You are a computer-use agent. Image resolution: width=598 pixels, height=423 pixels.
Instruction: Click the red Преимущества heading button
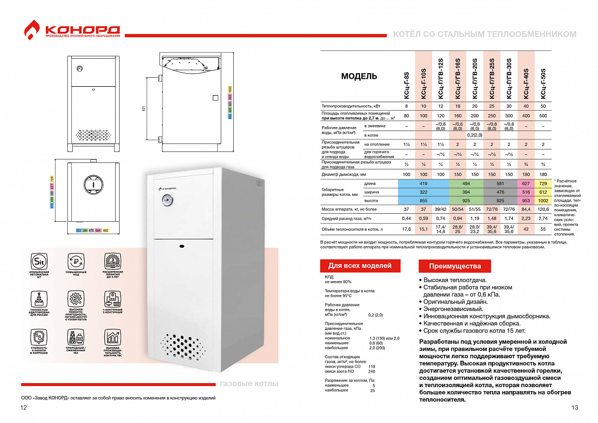(455, 266)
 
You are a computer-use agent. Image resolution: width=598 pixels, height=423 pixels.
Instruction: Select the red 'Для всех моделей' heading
(359, 266)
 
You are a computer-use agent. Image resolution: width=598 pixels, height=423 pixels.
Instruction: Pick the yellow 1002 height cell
(543, 200)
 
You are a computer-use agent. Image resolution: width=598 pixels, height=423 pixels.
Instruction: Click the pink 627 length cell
(526, 183)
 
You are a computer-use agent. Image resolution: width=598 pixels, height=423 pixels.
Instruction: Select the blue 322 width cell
(423, 192)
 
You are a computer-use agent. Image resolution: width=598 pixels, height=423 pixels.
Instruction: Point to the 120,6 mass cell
(543, 210)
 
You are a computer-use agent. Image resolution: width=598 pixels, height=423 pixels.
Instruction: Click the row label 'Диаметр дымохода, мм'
(344, 174)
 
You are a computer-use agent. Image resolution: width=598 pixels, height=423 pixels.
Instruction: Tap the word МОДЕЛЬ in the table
(359, 77)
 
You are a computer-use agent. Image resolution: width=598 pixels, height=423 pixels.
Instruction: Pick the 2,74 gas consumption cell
(543, 218)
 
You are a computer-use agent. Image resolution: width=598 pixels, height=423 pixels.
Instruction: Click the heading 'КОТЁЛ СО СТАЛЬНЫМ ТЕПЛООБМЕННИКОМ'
(484, 34)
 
